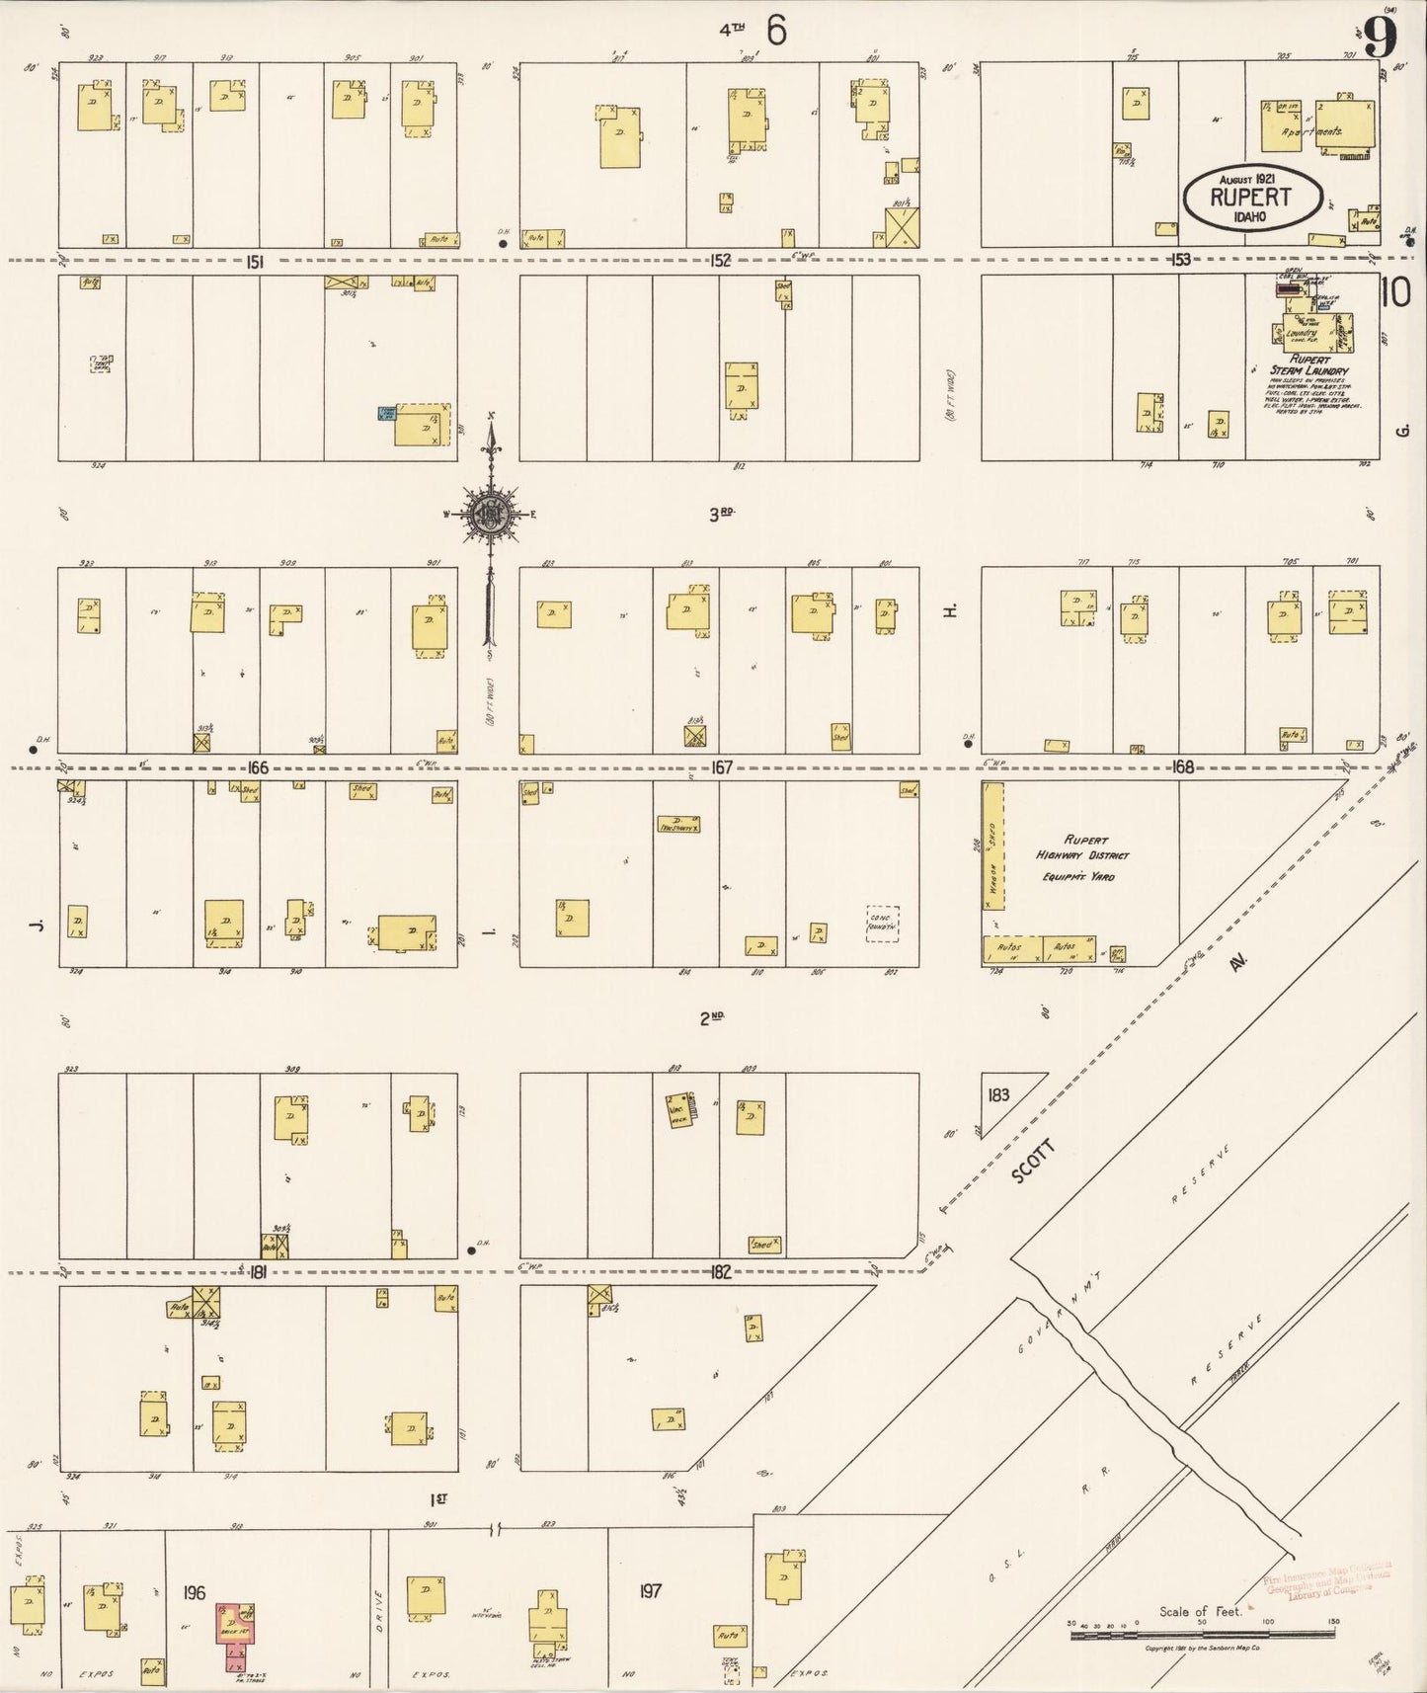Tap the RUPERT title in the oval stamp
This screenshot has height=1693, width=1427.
click(1251, 196)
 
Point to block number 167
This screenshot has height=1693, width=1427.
click(722, 767)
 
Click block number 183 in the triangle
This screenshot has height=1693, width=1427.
click(998, 1094)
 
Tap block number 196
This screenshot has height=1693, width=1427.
click(194, 1591)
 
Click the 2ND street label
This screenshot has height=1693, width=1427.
click(712, 1018)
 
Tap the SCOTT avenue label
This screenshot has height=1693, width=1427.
click(1033, 1162)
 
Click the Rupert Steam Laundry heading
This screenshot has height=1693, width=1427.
click(1309, 365)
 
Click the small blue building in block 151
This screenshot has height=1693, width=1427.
click(386, 415)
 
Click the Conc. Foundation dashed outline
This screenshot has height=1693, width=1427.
click(882, 924)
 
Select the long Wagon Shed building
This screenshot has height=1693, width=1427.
click(992, 846)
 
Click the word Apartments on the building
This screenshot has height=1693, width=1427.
click(1310, 130)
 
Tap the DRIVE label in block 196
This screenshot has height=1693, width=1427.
click(379, 1602)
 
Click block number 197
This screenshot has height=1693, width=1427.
click(650, 1590)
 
